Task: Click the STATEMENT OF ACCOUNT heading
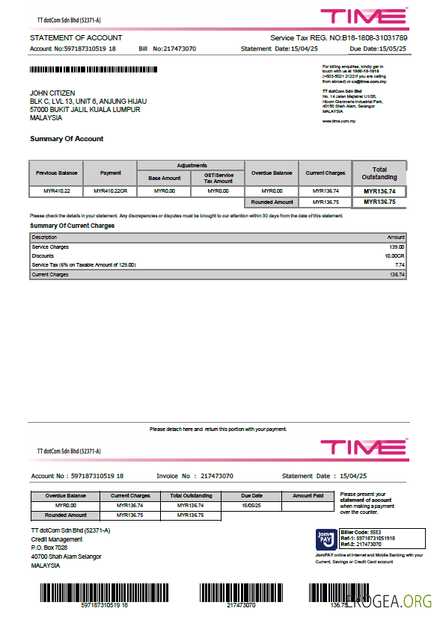76,37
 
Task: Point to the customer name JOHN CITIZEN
52,93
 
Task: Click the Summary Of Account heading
67,139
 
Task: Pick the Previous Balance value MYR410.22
56,191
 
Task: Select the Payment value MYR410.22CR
111,191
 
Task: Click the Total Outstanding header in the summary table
379,173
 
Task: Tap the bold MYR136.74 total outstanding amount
379,191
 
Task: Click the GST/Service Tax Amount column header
219,177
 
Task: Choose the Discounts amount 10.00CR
394,255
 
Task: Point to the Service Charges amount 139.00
397,247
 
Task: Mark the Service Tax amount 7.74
400,264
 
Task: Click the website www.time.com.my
338,120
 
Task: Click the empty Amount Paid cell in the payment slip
308,505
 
